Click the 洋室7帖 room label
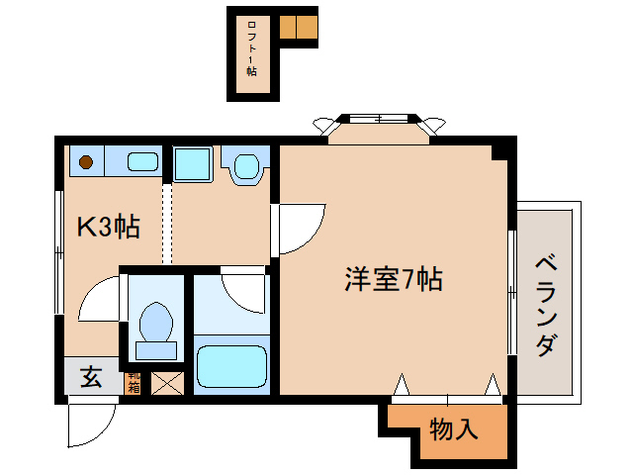pyautogui.click(x=393, y=280)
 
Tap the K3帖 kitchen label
pyautogui.click(x=108, y=228)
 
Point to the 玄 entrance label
pyautogui.click(x=90, y=377)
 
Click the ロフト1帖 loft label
pyautogui.click(x=251, y=54)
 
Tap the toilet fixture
pyautogui.click(x=155, y=326)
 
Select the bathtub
pyautogui.click(x=232, y=365)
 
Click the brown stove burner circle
pyautogui.click(x=86, y=160)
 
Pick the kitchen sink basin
pyautogui.click(x=144, y=160)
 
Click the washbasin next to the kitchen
pyautogui.click(x=245, y=165)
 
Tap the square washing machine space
pyautogui.click(x=193, y=163)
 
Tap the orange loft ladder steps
pyautogui.click(x=298, y=27)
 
